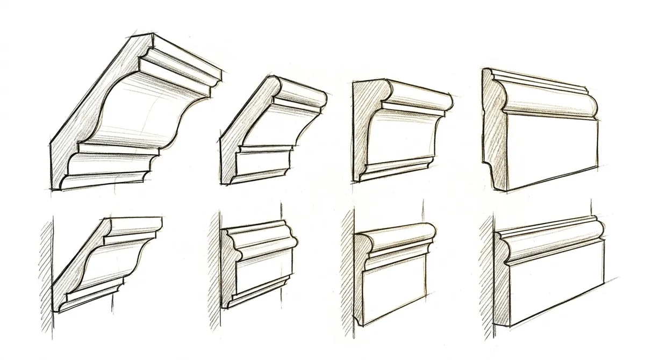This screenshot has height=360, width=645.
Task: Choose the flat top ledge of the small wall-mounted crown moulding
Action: click(137, 221)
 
